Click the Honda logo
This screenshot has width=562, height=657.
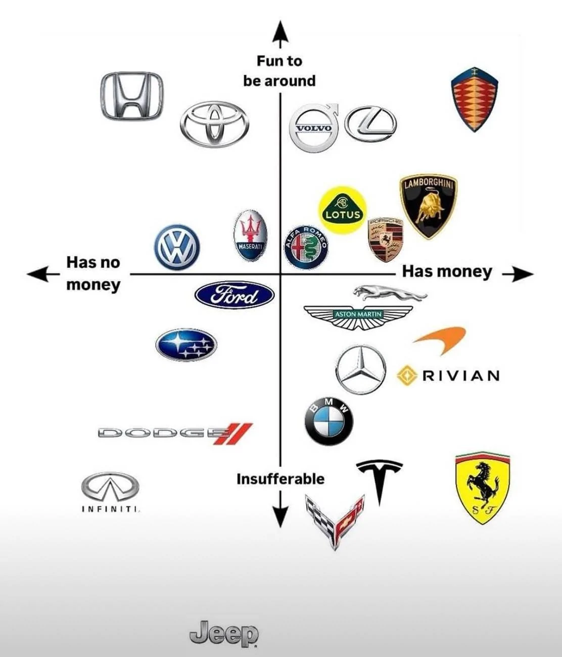click(132, 96)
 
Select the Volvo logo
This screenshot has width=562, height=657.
click(314, 128)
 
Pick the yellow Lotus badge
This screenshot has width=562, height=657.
click(343, 209)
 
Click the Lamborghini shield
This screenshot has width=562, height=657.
click(429, 206)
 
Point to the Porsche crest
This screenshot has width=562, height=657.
click(385, 240)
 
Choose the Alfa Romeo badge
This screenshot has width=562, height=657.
click(306, 247)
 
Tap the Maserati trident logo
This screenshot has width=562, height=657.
click(250, 235)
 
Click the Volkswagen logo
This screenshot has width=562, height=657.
click(177, 247)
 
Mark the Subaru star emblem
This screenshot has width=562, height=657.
click(186, 345)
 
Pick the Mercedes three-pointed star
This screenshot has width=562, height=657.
click(360, 369)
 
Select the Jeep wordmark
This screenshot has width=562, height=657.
click(224, 633)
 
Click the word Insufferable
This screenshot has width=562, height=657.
click(280, 479)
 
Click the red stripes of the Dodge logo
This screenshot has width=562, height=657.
click(233, 434)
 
